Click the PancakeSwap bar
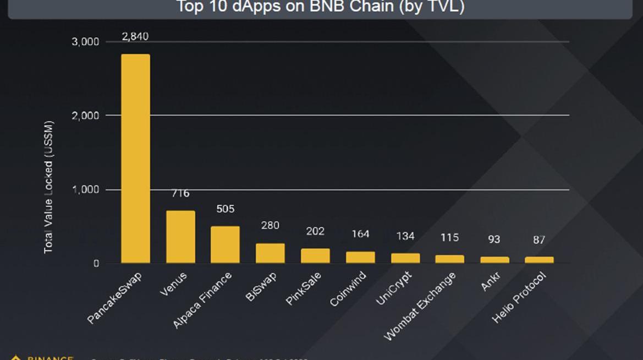(135, 159)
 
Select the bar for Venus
(180, 237)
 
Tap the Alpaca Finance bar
(225, 244)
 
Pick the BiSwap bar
(270, 253)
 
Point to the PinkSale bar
(315, 255)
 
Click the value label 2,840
(135, 37)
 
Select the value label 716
(180, 193)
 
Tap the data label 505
(225, 209)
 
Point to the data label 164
(360, 234)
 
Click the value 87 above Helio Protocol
(539, 240)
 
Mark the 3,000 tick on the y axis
(86, 42)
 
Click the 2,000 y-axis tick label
(86, 116)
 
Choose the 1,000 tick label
(86, 189)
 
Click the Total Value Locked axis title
(48, 187)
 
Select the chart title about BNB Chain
(320, 7)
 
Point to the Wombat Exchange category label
(420, 306)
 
